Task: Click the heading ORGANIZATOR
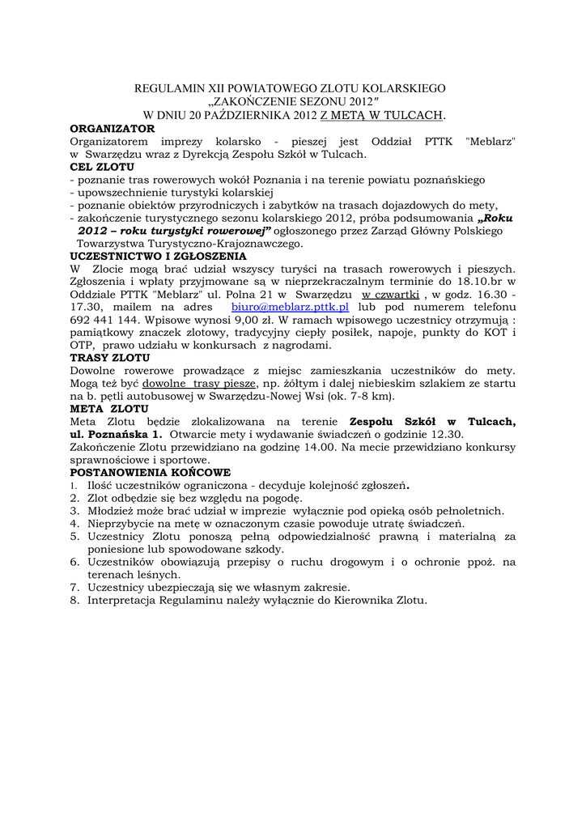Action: (x=112, y=128)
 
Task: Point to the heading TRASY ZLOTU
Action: (x=110, y=357)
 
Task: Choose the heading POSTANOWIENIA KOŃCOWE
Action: (x=151, y=471)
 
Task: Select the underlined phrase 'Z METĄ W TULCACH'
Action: (x=383, y=115)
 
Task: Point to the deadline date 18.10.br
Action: (x=469, y=281)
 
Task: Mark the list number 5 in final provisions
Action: (x=74, y=536)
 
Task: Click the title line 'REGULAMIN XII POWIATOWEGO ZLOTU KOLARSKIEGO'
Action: (x=289, y=88)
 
